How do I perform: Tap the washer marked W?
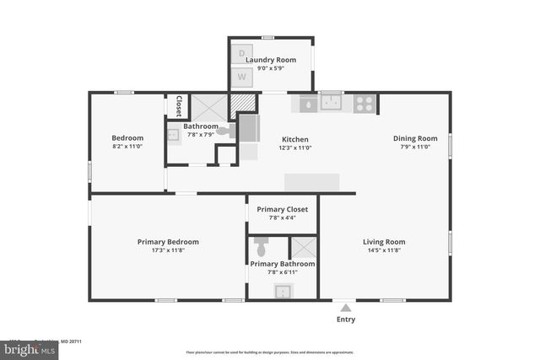(242, 77)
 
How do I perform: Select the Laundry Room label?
(271, 60)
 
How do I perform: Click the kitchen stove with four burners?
(364, 103)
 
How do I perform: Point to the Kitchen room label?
(294, 139)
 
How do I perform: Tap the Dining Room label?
(415, 138)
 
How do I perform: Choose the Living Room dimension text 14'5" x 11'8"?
(385, 250)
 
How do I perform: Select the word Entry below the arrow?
(346, 320)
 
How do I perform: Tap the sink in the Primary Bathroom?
(283, 292)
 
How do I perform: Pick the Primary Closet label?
(282, 209)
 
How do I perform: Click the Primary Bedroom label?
(168, 242)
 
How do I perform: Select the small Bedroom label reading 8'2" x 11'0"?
(127, 146)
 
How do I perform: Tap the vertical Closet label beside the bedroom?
(179, 106)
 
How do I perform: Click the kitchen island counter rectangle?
(311, 182)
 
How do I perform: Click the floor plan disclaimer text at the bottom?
(269, 352)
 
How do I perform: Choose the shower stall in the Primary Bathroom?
(302, 248)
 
